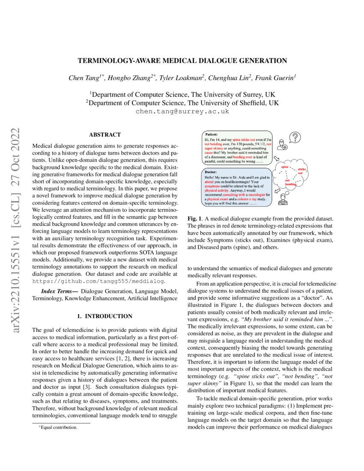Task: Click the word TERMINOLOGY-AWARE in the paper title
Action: click(121, 60)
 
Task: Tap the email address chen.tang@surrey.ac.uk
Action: click(182, 111)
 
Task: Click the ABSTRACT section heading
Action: click(104, 134)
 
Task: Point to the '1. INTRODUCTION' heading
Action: click(104, 316)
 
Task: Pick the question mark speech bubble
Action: click(295, 137)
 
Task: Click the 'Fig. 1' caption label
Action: click(195, 219)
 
